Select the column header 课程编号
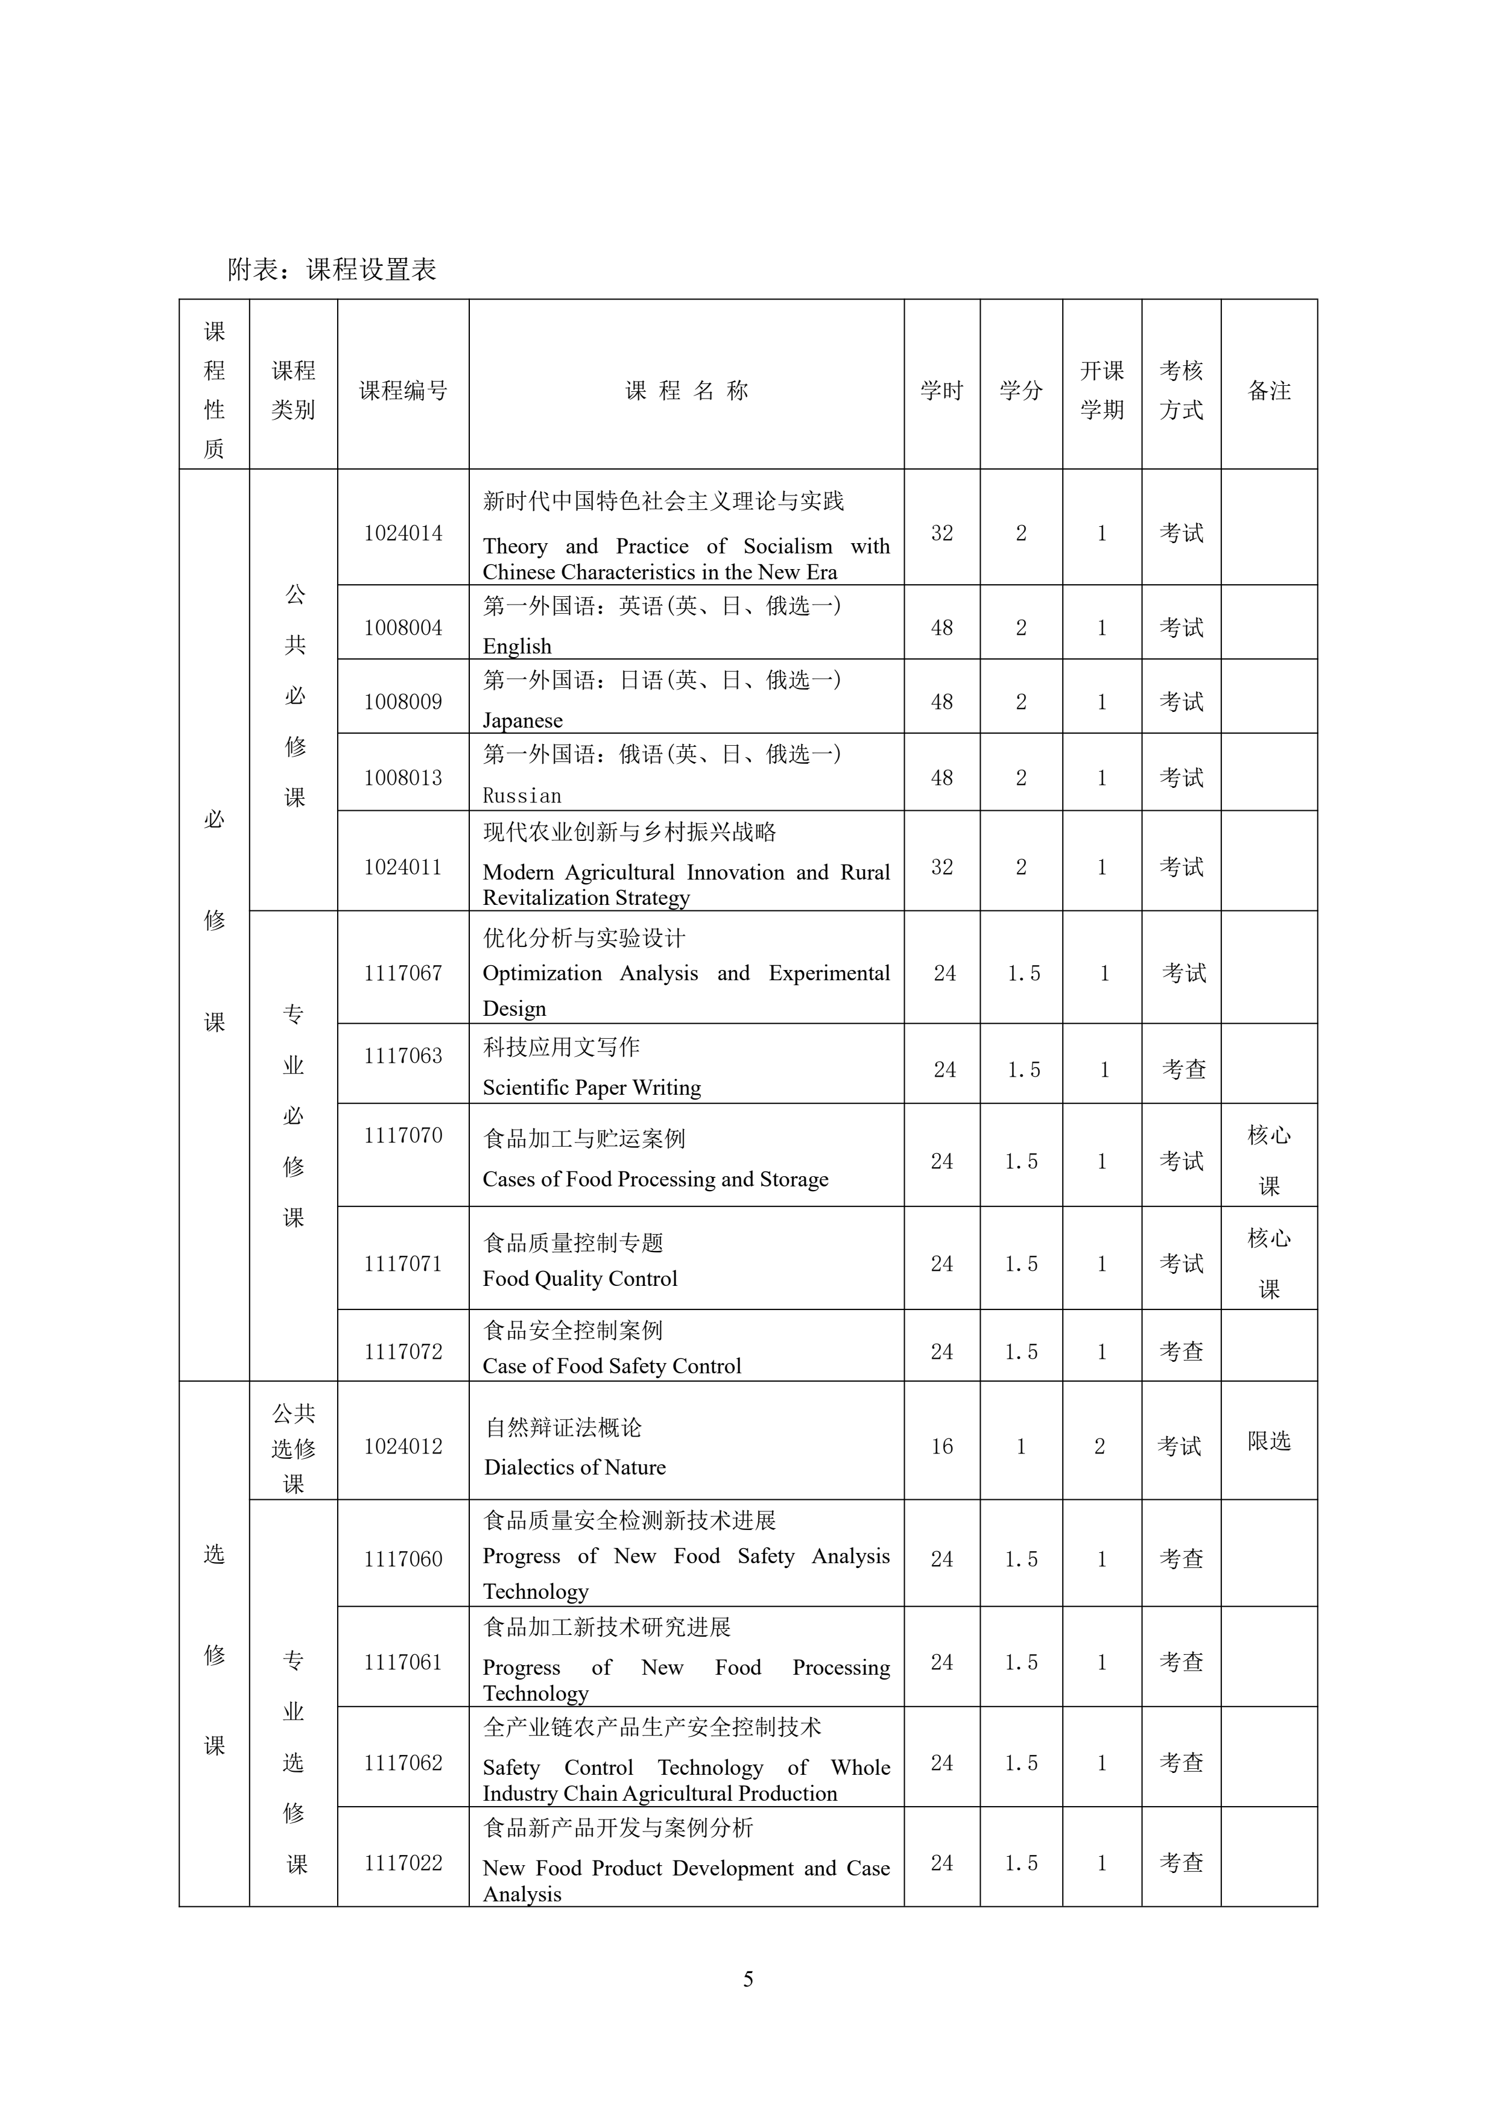(x=403, y=391)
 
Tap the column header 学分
(x=1021, y=391)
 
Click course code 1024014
(x=403, y=533)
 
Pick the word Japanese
(x=523, y=720)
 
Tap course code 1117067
(x=403, y=973)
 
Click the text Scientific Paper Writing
(x=592, y=1088)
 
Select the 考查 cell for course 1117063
(x=1183, y=1069)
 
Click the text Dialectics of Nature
(x=575, y=1467)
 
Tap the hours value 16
(x=941, y=1447)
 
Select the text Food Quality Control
(x=580, y=1278)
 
